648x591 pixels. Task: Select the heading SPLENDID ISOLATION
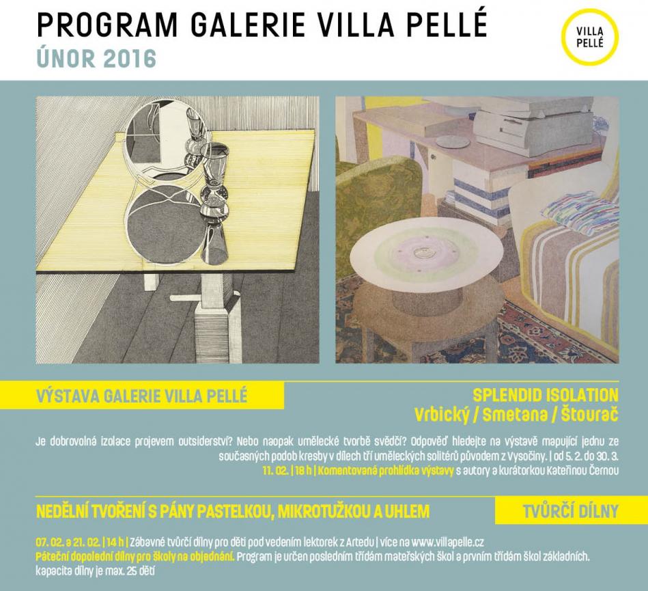point(546,396)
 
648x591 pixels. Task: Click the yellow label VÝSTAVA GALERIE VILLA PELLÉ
point(142,396)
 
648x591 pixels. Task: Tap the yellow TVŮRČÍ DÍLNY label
point(570,511)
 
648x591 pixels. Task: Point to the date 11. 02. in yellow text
point(276,471)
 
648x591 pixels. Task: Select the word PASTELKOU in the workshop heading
point(232,512)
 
